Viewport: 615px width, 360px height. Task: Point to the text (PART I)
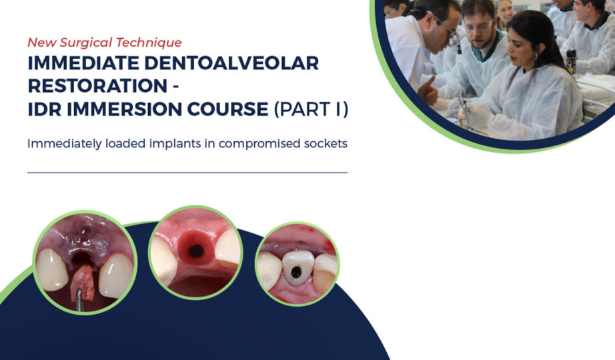pyautogui.click(x=312, y=109)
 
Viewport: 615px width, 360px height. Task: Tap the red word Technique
pyautogui.click(x=151, y=43)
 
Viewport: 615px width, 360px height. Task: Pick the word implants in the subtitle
pyautogui.click(x=175, y=144)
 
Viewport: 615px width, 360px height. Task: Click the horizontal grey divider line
pyautogui.click(x=187, y=173)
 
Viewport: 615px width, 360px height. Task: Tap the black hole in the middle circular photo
pyautogui.click(x=195, y=251)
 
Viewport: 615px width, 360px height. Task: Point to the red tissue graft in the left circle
pyautogui.click(x=83, y=283)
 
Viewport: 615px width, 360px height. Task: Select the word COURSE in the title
pyautogui.click(x=228, y=109)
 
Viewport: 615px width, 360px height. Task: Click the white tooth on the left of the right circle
pyautogui.click(x=269, y=270)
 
